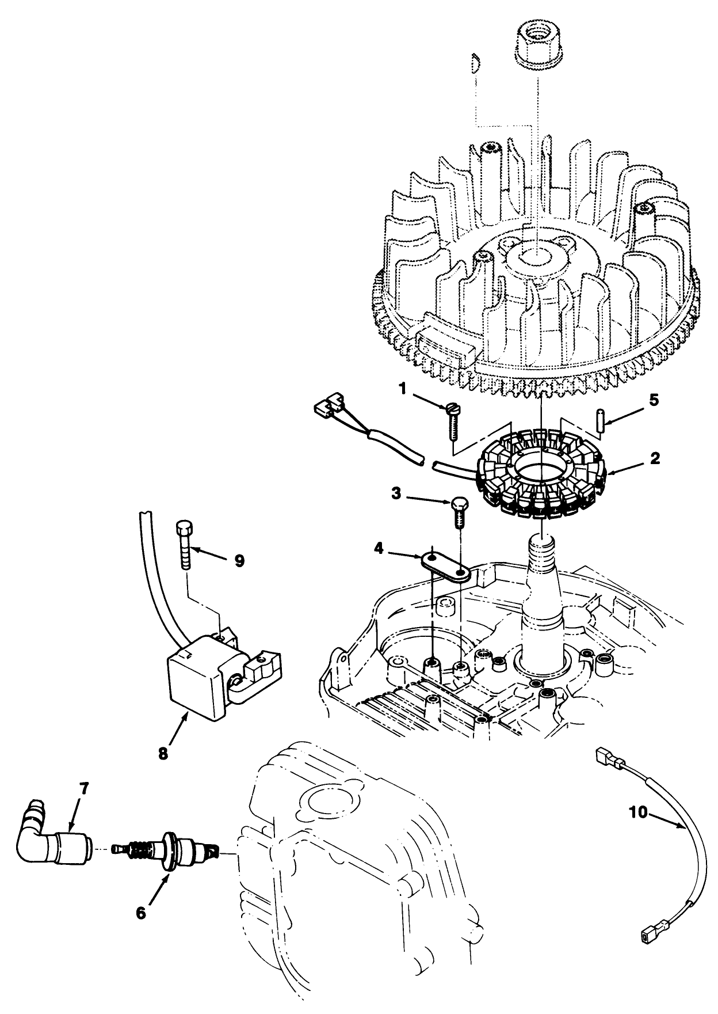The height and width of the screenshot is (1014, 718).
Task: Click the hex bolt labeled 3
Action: (459, 510)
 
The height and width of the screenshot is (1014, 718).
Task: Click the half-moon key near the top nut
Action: (475, 62)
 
